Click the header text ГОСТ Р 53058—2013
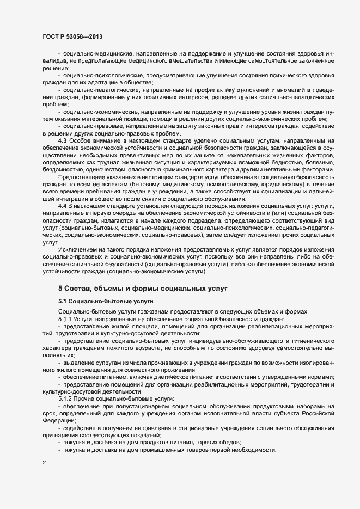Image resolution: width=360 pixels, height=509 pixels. click(x=71, y=36)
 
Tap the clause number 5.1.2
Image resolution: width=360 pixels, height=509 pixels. click(x=67, y=399)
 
